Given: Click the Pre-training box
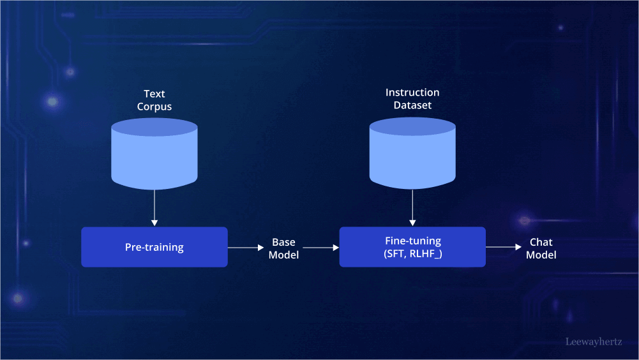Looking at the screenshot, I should coord(154,247).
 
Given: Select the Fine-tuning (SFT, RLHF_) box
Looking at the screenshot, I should coord(412,247).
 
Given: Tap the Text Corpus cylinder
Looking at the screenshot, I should coord(154,156).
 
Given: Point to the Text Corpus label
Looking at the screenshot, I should coord(154,100).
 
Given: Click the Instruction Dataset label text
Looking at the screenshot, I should coord(412,99).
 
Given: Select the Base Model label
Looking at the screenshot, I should coord(283,248).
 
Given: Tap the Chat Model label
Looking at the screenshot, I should coord(541,248).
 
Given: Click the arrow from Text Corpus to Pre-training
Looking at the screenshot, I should coord(154,207).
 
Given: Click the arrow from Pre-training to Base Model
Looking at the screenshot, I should coord(246,247).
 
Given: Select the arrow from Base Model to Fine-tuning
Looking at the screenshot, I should coord(320,247).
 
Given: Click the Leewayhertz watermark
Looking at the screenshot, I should coord(594,341).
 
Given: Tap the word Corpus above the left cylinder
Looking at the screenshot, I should coord(154,107).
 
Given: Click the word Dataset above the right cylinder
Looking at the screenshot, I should coord(412,105).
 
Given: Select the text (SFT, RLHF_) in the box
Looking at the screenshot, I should coord(412,253).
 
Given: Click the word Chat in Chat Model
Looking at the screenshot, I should coord(541,242).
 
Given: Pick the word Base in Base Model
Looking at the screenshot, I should coord(283,242).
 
